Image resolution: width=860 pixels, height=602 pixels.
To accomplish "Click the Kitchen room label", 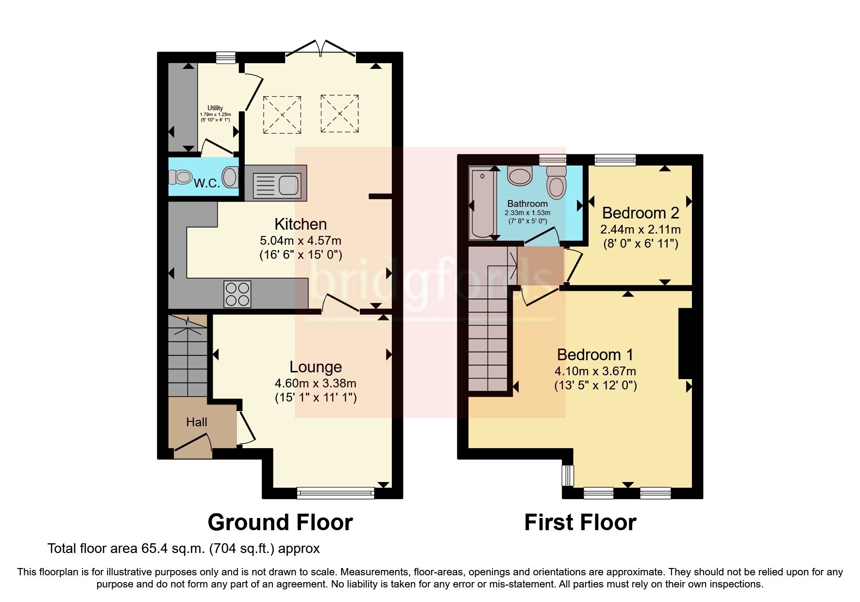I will click(301, 224).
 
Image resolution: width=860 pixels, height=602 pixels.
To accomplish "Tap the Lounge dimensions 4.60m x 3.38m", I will click(316, 383).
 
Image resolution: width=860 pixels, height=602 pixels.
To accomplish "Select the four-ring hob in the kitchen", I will click(237, 294).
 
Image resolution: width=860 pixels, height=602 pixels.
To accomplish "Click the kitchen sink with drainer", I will click(276, 184).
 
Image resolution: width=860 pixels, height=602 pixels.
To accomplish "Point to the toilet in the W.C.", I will click(180, 177).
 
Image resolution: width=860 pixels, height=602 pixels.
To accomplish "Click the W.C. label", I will click(207, 184).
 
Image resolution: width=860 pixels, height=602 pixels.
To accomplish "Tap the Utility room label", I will click(215, 108).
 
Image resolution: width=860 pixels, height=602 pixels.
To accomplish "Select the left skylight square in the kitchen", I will click(282, 115).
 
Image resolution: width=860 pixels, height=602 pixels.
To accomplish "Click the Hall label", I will click(197, 422).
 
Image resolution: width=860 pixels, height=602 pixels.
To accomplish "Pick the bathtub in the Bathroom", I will click(481, 202).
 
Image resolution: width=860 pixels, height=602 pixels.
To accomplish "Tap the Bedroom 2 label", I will click(641, 213).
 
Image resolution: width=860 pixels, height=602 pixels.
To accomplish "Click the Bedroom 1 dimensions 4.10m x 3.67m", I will click(595, 371).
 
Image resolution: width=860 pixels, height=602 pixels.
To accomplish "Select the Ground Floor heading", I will click(280, 523).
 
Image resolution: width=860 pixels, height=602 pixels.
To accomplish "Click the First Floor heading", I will click(580, 523).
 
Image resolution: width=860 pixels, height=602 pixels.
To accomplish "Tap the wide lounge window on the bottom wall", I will click(336, 493).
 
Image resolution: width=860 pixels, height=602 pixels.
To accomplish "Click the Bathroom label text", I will click(527, 204).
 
